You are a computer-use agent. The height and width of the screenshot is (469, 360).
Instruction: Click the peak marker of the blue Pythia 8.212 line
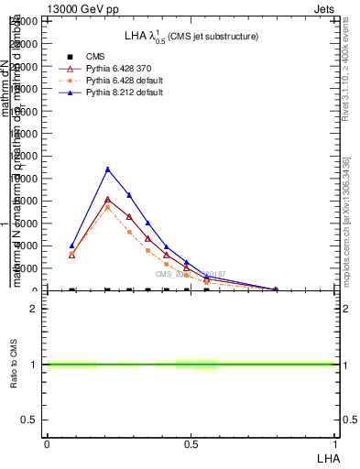[x=107, y=169]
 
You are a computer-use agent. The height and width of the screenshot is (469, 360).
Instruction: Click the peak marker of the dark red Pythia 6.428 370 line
[x=107, y=200]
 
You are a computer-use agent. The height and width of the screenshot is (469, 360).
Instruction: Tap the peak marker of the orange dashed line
[x=107, y=208]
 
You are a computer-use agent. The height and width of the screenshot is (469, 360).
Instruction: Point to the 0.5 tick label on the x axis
[x=190, y=443]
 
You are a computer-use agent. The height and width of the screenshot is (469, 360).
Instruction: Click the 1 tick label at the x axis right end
[x=334, y=443]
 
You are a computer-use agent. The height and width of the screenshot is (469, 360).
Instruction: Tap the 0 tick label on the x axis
[x=46, y=443]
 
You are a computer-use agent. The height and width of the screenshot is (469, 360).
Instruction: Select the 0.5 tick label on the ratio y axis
[x=28, y=420]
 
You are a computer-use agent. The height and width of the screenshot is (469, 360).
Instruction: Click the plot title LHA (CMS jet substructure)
[x=191, y=36]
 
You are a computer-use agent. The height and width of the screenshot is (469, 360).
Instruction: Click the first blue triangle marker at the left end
[x=71, y=245]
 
